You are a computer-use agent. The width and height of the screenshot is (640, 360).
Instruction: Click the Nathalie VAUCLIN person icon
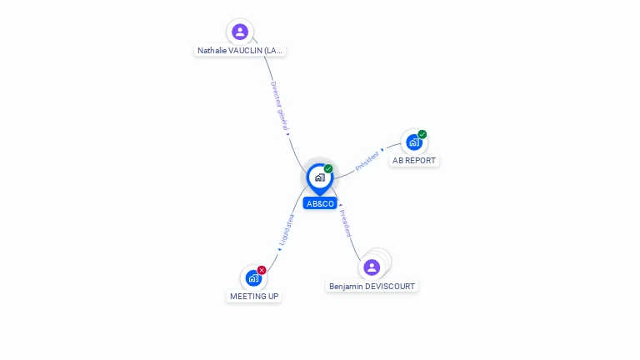click(x=240, y=32)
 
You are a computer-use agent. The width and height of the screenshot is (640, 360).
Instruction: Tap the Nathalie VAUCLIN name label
click(x=240, y=51)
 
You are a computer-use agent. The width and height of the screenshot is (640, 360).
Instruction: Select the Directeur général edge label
click(x=280, y=106)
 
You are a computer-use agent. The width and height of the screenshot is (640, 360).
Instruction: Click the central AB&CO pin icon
click(x=320, y=179)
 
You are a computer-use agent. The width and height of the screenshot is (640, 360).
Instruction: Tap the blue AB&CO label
click(x=320, y=203)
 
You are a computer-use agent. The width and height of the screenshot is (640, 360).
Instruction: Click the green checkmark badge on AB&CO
click(x=328, y=168)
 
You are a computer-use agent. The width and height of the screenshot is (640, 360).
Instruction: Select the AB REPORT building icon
click(x=414, y=142)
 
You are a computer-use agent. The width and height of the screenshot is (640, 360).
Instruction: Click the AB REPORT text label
click(x=414, y=160)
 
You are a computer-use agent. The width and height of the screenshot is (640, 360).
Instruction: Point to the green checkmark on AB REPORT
click(x=422, y=134)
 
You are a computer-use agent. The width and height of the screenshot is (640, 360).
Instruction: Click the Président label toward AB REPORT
click(x=367, y=161)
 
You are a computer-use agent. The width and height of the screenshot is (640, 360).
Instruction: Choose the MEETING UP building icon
click(x=253, y=278)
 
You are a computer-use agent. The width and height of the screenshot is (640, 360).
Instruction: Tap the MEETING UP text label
click(x=254, y=297)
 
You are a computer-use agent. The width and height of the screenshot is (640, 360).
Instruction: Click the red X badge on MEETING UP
click(x=262, y=270)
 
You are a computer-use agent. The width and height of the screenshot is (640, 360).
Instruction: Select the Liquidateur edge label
click(x=286, y=229)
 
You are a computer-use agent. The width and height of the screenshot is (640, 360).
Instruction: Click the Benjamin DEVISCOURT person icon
click(x=372, y=267)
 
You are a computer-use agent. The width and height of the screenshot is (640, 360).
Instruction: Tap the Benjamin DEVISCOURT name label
click(x=372, y=287)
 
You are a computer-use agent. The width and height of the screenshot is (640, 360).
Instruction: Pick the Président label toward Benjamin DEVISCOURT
click(x=345, y=223)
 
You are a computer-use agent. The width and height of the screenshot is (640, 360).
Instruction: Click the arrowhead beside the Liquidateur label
click(x=280, y=249)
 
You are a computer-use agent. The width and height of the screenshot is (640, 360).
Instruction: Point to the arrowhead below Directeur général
click(x=287, y=134)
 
